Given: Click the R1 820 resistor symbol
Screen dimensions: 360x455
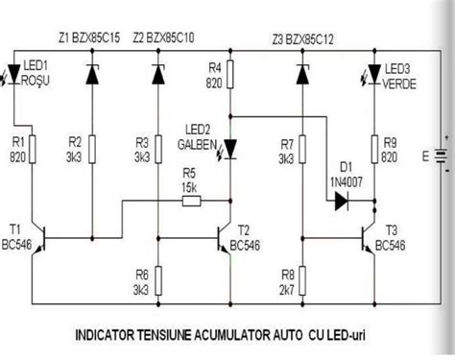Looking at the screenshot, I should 34,148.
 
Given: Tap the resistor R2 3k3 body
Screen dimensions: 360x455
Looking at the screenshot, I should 93,148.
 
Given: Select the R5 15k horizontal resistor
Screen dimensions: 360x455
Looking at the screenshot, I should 188,201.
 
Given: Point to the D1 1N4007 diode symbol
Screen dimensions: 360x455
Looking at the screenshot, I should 341,202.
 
